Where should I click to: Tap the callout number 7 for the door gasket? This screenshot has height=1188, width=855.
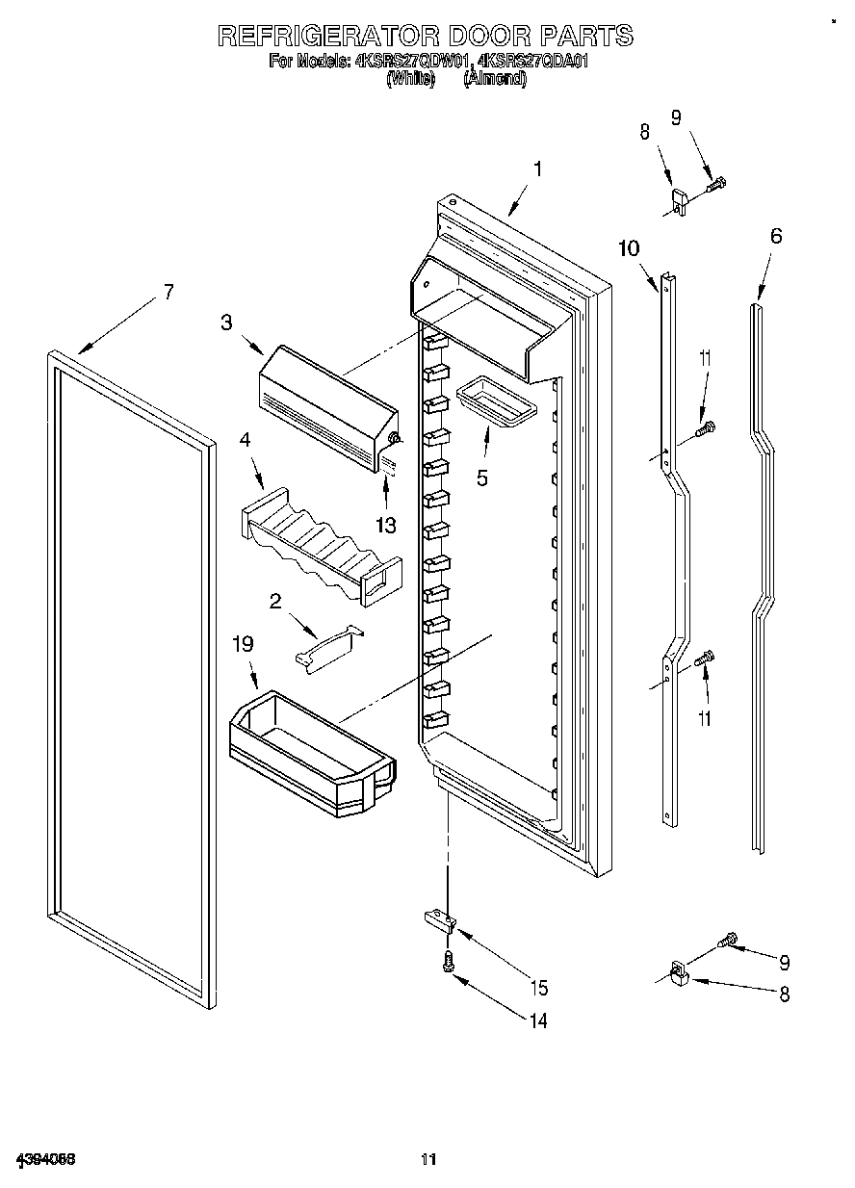coord(168,292)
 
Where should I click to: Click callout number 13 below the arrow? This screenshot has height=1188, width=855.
coord(387,525)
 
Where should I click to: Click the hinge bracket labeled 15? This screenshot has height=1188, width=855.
coord(439,920)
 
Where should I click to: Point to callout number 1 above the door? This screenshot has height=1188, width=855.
coord(537,169)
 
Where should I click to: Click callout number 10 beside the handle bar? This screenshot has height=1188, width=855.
coord(628,248)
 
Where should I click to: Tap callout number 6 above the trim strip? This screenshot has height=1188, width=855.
coord(776,236)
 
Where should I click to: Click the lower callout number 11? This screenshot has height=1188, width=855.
coord(706,717)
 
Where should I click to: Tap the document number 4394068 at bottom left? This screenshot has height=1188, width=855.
coord(45,1158)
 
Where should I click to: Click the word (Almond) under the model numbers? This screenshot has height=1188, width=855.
coord(495,80)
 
